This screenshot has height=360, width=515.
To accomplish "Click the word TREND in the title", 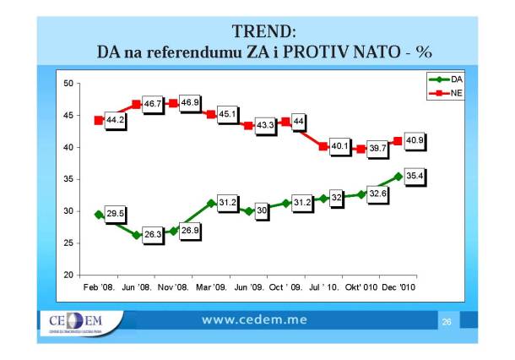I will point(263,32).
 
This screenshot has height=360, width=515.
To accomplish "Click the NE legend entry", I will point(445,91).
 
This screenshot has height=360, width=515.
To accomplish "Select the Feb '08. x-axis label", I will point(100,289).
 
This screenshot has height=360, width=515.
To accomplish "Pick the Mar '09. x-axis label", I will point(211,289).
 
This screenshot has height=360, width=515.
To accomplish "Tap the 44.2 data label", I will point(117,121).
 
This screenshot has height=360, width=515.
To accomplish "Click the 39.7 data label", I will point(376,150).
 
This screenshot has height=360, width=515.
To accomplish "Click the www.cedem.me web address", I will point(254,320).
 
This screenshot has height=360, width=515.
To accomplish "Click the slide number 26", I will point(447,322).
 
